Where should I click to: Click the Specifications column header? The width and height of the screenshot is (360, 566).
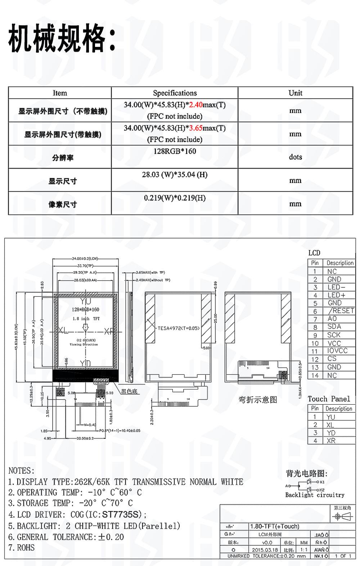point(175,93)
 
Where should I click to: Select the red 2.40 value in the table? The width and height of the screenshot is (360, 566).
point(196,105)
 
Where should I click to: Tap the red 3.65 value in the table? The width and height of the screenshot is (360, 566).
point(196,128)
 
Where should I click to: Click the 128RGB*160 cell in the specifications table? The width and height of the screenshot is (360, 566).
point(175,151)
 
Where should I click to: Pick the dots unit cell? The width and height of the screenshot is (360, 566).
point(295,157)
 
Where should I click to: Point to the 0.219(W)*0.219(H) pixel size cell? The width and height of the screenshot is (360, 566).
point(175,198)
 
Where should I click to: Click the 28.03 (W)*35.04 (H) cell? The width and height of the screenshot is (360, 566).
point(175,175)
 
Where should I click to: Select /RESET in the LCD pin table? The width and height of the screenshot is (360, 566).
point(341,311)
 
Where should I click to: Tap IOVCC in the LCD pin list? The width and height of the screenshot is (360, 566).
point(337,351)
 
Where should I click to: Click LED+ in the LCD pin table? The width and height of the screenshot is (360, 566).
point(336,295)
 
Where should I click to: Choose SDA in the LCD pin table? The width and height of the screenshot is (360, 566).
point(334,326)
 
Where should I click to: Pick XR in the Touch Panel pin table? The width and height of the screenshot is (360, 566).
point(331,441)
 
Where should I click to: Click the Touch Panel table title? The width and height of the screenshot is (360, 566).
point(329,399)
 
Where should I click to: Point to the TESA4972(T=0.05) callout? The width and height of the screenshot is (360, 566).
point(179,328)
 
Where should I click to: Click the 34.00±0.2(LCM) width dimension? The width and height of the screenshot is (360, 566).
point(85,258)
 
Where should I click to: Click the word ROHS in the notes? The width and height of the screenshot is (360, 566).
point(26,548)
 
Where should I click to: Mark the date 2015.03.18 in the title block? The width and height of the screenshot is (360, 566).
point(265,550)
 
